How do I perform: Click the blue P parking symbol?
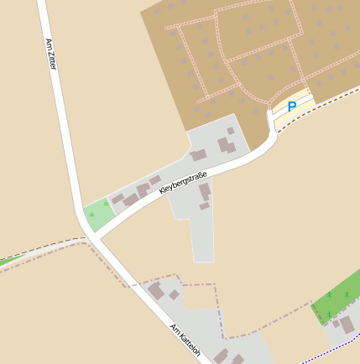[291, 107]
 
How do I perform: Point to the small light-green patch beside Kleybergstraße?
[99, 215]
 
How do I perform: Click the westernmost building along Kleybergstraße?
[118, 199]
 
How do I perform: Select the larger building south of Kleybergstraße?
[204, 191]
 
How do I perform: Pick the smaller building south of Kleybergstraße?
[204, 205]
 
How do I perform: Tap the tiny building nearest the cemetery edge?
[230, 131]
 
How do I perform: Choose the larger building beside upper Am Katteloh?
[155, 290]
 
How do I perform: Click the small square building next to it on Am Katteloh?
[174, 294]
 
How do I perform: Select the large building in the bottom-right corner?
[346, 324]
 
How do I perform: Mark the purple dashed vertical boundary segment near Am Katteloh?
[221, 323]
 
